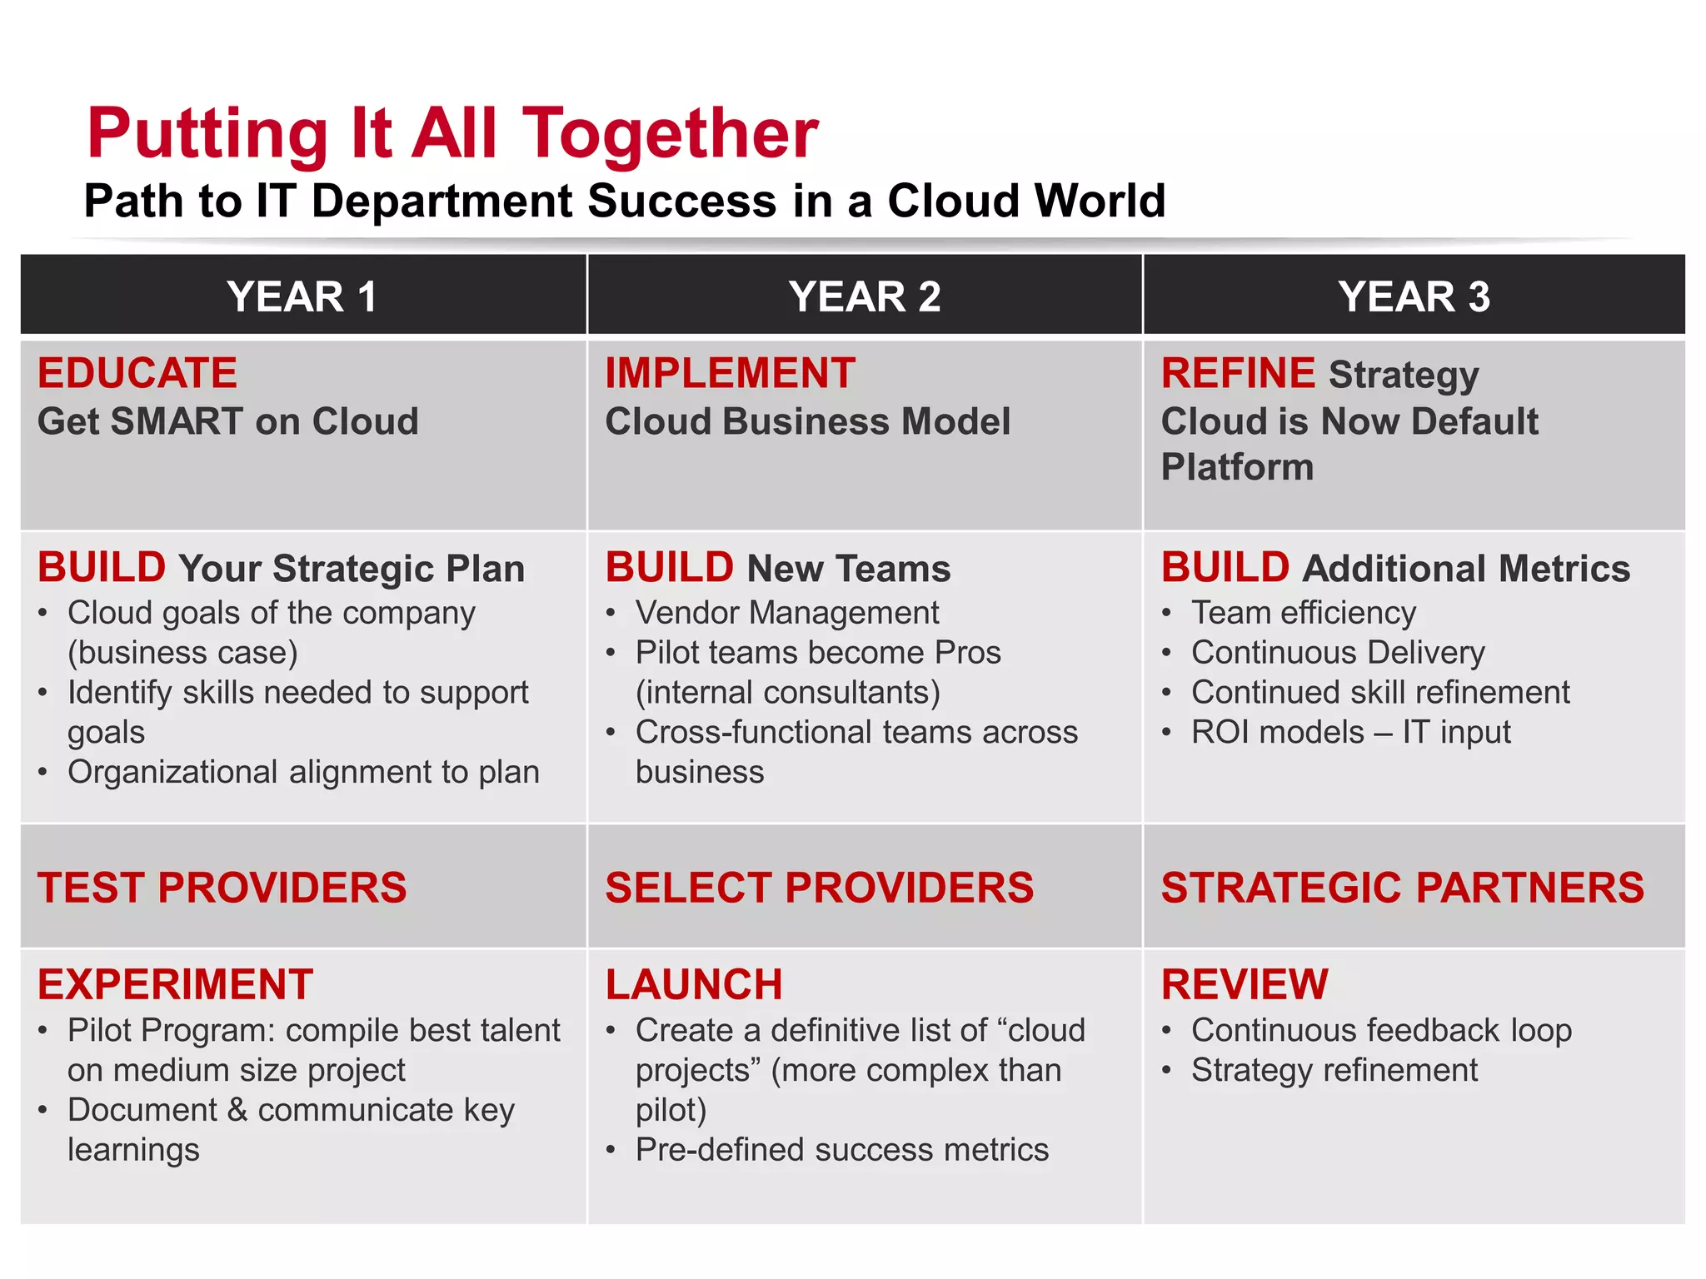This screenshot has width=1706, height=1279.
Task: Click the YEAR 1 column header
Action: point(302,296)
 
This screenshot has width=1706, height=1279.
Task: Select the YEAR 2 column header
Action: point(864,296)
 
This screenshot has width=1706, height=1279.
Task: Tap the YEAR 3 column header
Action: point(1414,296)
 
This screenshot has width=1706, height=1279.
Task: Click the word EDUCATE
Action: point(137,373)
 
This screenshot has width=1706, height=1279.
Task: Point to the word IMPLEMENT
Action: point(730,373)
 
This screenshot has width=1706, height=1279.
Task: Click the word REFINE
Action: point(1238,373)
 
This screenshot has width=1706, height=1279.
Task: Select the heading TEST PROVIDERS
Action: point(222,888)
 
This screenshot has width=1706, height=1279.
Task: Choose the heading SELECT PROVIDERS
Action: point(819,888)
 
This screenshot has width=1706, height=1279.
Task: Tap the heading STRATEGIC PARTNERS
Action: point(1402,888)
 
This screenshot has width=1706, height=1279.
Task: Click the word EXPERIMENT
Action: point(175,985)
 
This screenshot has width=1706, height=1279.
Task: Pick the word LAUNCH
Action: point(694,985)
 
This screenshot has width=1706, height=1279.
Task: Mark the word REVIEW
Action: point(1245,985)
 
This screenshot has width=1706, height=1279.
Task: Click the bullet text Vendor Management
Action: point(786,614)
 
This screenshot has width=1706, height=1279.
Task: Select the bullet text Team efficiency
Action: point(1303,614)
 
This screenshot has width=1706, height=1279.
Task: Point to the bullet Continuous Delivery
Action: point(1337,653)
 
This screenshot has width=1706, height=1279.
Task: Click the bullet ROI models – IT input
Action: point(1350,733)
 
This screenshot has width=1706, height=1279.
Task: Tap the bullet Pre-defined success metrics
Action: point(841,1150)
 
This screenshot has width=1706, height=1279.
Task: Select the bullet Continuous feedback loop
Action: point(1381,1031)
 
